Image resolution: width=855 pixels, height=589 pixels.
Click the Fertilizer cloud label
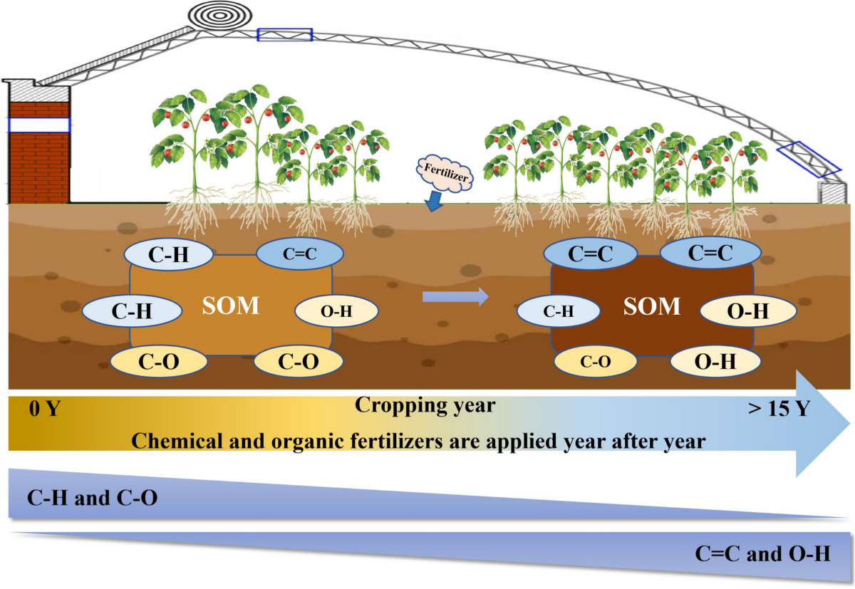click(x=445, y=173)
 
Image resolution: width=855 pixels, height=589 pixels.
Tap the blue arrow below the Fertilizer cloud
click(x=434, y=201)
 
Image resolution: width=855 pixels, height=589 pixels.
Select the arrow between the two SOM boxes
click(x=455, y=296)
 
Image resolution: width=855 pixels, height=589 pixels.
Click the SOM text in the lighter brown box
click(x=231, y=306)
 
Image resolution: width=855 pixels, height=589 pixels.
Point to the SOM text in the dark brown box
click(x=652, y=306)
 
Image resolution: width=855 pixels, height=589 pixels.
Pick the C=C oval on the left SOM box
click(x=300, y=254)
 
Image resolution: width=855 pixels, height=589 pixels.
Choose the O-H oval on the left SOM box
click(x=336, y=311)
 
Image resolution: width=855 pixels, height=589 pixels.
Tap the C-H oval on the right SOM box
click(x=559, y=311)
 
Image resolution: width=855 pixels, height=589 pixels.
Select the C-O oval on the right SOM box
click(x=595, y=361)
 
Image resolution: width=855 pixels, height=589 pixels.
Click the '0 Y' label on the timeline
click(x=45, y=408)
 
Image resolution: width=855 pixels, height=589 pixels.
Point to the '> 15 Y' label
click(x=779, y=408)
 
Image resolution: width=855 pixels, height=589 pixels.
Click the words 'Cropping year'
click(x=425, y=405)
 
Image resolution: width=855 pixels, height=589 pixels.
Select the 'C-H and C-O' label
click(x=93, y=497)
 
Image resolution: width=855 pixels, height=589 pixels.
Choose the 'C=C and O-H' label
click(x=762, y=553)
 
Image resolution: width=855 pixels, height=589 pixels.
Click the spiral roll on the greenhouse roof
click(x=220, y=15)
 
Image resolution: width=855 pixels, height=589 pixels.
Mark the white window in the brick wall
click(x=39, y=125)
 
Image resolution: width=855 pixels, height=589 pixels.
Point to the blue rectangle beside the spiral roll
click(x=285, y=35)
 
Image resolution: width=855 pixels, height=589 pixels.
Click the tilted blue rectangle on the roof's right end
click(x=809, y=159)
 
